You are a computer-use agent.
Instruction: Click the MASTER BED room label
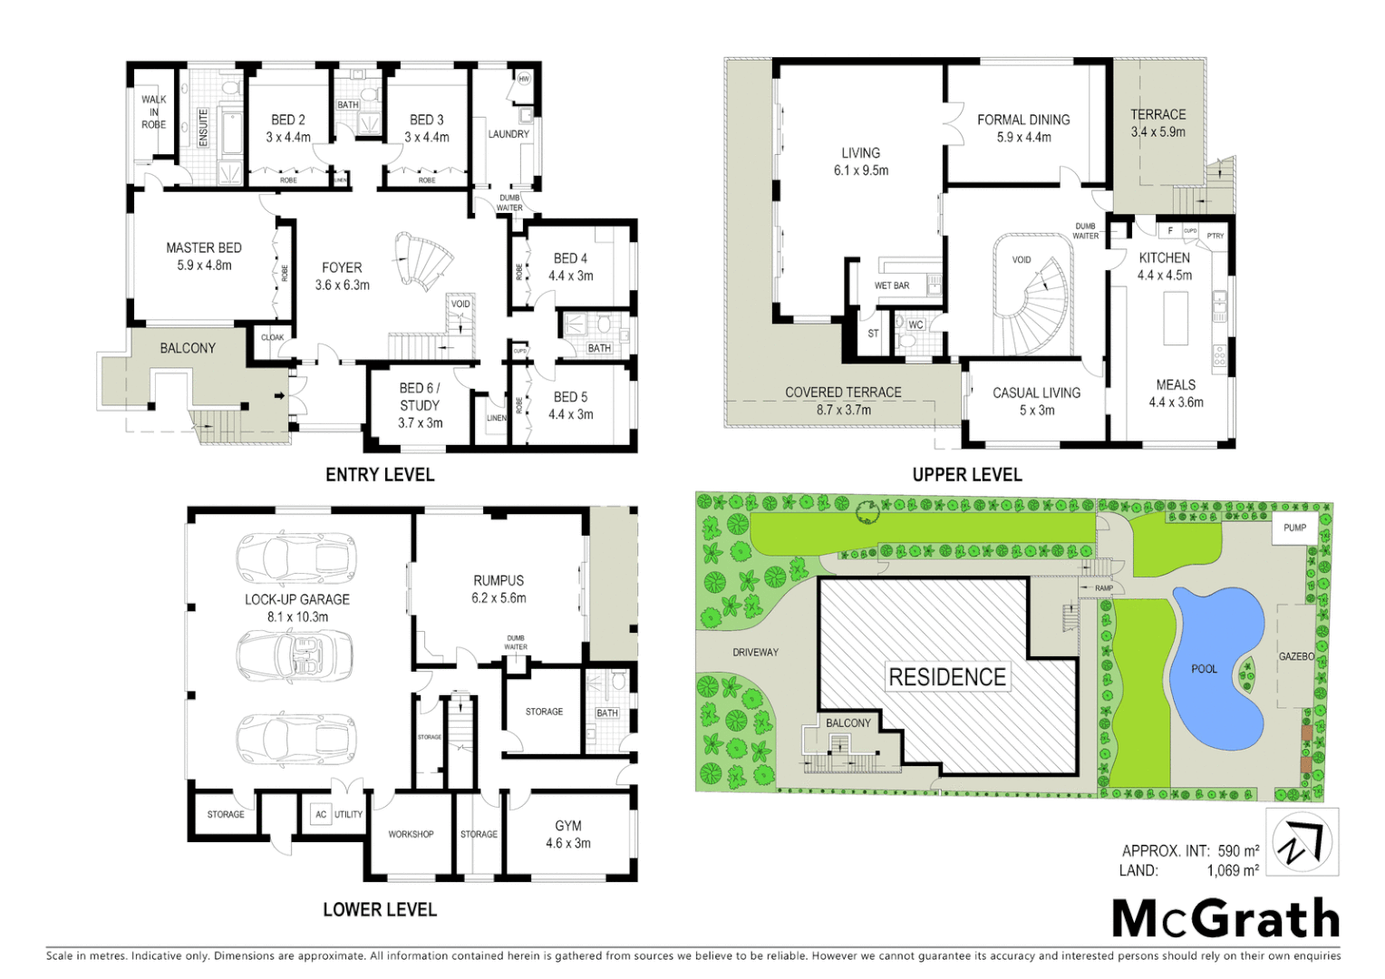point(204,247)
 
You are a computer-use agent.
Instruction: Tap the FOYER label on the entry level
point(342,267)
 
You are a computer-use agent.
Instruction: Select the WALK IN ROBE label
point(153,112)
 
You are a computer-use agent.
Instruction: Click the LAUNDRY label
point(508,134)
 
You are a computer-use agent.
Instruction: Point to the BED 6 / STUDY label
point(420,397)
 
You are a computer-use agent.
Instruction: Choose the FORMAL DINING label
point(1023,120)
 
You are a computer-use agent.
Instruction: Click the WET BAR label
point(892,286)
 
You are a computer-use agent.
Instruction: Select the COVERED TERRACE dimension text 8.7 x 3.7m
point(842,410)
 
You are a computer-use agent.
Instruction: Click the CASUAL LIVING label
point(1036,393)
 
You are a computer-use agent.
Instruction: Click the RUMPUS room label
point(499,580)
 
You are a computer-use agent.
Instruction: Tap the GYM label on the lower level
point(568,826)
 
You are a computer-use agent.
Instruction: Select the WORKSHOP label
point(411,834)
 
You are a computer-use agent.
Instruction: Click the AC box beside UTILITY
point(321,814)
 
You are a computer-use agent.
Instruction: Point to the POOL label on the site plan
point(1204,669)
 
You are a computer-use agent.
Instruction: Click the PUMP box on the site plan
point(1294,528)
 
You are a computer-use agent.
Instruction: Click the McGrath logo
point(1225,919)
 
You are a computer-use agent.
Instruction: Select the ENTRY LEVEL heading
point(380,475)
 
